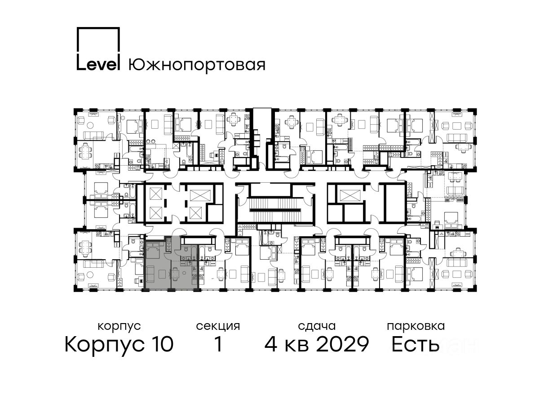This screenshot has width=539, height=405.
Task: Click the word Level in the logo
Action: (x=98, y=65)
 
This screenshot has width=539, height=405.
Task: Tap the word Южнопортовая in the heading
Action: (x=197, y=66)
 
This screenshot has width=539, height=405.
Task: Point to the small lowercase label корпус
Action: (x=119, y=327)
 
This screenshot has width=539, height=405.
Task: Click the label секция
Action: (x=218, y=327)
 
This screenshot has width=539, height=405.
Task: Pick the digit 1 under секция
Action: (x=219, y=344)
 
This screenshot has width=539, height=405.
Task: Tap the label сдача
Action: (x=317, y=327)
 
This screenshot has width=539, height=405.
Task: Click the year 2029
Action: (x=342, y=344)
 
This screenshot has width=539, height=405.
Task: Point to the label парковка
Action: (x=416, y=327)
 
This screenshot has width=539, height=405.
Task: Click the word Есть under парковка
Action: (x=415, y=344)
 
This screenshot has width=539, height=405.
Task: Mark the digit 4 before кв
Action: (x=271, y=344)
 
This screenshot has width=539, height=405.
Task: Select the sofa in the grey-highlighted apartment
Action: (x=150, y=273)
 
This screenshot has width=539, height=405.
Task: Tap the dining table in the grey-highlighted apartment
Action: (x=176, y=274)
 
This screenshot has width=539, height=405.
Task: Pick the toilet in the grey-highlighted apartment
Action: (x=186, y=250)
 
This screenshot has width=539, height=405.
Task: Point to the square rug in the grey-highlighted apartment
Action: (x=162, y=274)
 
